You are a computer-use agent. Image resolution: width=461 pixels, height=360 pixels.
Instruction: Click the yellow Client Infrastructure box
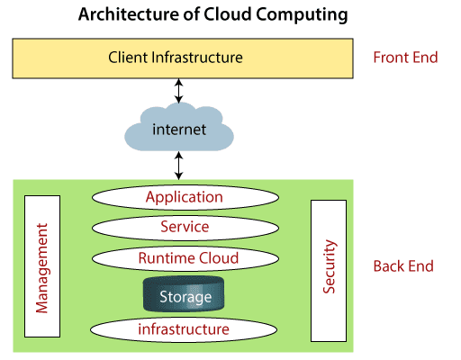[183, 58]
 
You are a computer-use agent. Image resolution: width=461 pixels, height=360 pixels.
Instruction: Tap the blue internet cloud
[179, 127]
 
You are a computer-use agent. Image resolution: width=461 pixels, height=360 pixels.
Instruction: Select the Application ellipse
[185, 197]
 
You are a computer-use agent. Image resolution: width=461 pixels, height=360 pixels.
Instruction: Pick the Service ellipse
[185, 228]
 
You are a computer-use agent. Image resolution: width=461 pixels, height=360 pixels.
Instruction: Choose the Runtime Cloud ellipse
[185, 258]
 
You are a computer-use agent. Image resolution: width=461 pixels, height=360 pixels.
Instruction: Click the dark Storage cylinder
[184, 294]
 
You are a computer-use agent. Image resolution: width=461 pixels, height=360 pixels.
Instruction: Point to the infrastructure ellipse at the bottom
[184, 329]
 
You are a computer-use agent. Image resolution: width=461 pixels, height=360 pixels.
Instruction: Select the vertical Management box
[42, 266]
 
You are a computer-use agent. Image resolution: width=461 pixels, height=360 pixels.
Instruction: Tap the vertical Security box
[329, 271]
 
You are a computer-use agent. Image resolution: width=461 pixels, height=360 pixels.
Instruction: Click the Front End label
[405, 58]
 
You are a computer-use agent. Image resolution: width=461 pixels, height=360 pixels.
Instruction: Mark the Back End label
[403, 266]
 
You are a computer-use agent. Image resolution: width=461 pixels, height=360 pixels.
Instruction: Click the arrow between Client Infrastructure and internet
[179, 91]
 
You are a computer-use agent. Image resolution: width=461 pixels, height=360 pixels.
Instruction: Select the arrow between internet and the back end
[179, 166]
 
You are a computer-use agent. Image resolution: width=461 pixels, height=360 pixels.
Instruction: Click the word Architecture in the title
[129, 14]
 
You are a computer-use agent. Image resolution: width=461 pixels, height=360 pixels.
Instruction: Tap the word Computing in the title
[302, 15]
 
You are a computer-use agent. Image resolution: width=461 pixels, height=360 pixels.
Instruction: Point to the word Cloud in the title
[227, 14]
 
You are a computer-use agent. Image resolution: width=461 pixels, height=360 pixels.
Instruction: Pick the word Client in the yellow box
[128, 58]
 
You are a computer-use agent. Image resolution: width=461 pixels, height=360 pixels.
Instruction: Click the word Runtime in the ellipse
[167, 258]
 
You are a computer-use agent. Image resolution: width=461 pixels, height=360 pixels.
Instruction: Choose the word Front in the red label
[391, 58]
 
